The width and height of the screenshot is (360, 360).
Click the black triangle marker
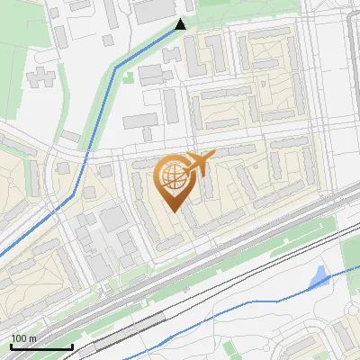click(180, 24)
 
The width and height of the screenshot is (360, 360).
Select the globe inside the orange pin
click(171, 177)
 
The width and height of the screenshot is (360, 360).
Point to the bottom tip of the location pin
click(171, 211)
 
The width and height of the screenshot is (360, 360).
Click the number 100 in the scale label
click(19, 338)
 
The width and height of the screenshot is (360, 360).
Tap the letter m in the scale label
click(32, 338)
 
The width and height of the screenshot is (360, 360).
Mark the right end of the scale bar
click(71, 346)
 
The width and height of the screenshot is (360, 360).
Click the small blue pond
click(319, 280)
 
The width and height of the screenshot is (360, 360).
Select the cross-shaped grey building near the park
click(39, 76)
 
